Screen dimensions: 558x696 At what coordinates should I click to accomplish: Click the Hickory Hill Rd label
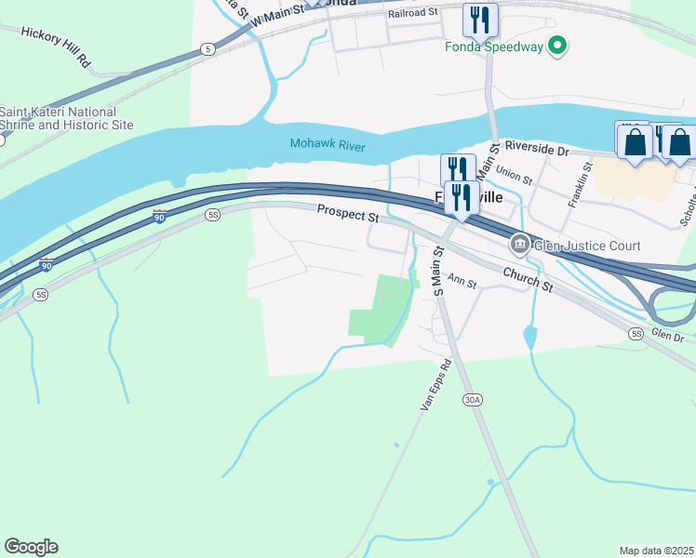coord(55,46)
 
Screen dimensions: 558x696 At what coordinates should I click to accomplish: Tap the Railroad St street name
coord(413,12)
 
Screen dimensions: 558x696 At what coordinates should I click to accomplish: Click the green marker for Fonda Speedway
coord(557,44)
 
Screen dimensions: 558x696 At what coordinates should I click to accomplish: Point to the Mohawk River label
coord(327,144)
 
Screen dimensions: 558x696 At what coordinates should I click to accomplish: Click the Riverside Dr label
coord(536,149)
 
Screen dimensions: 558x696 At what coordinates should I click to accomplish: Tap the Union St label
coord(514,172)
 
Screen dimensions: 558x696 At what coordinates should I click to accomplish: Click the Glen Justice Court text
coord(587,246)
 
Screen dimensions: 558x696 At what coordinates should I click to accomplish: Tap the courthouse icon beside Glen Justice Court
coord(519,246)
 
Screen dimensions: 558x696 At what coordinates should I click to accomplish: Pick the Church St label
coord(529,280)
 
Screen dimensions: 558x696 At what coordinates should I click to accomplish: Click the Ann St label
coord(462,279)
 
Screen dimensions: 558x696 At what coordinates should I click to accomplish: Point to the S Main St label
coord(439,269)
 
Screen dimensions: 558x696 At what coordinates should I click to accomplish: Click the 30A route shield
coord(472,400)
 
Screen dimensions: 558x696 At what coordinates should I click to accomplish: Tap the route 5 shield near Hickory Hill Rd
coord(207,48)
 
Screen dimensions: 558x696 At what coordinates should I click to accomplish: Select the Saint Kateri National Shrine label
coord(66,118)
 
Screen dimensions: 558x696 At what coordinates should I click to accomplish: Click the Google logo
coord(31,547)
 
